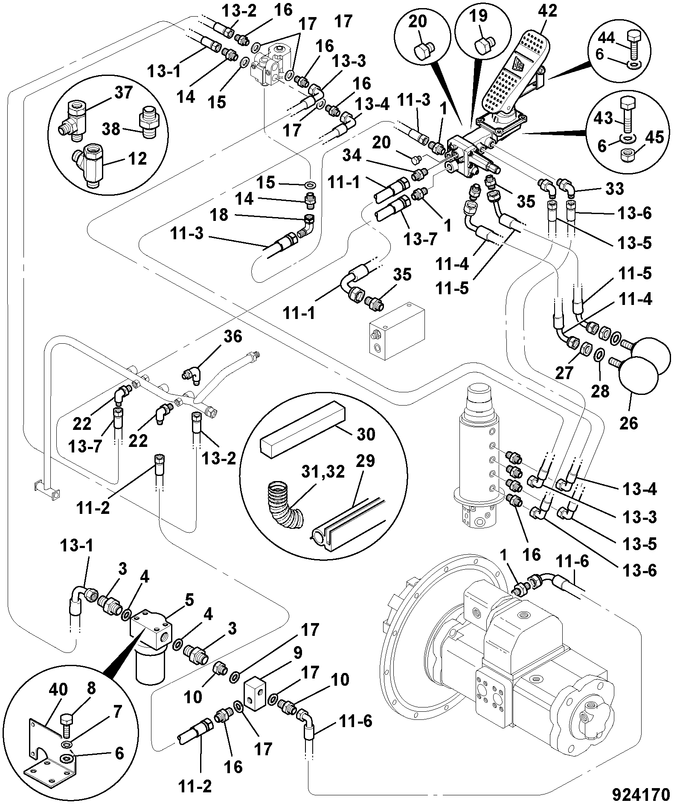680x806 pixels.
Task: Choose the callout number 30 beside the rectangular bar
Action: click(x=365, y=434)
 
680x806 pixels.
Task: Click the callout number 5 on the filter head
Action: click(x=189, y=600)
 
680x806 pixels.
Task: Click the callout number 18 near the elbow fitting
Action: click(x=219, y=215)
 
